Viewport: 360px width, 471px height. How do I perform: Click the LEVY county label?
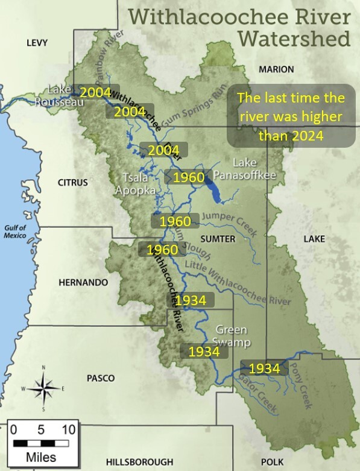pos(36,42)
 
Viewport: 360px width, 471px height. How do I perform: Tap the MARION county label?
pos(276,69)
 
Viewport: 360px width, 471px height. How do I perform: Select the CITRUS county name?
pos(72,182)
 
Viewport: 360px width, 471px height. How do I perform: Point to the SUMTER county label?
pos(218,239)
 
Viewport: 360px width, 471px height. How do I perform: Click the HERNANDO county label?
pos(83,282)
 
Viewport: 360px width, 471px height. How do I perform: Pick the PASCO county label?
pos(100,378)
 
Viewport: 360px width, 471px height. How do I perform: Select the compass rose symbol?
pos(43,388)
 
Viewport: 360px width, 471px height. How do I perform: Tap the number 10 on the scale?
pos(68,430)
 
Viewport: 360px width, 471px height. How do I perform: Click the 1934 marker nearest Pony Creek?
pos(264,368)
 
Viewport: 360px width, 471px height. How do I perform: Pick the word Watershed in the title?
pos(294,39)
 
